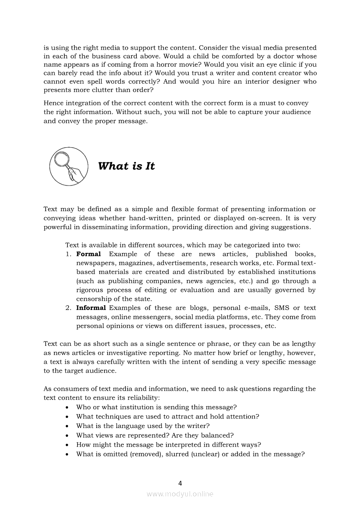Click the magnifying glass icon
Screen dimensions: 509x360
coord(68,166)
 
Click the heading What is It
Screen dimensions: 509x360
coord(126,166)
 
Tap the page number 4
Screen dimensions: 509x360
coord(180,482)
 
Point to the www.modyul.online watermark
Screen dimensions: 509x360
coord(180,494)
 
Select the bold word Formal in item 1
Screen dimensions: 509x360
coord(88,254)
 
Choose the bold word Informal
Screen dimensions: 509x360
coord(91,308)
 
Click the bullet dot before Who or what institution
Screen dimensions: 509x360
coord(66,408)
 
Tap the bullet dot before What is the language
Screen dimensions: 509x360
coord(66,426)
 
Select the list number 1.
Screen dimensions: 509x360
coord(68,254)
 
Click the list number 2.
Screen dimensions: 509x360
coord(68,308)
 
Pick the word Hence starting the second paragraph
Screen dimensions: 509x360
coord(53,103)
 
